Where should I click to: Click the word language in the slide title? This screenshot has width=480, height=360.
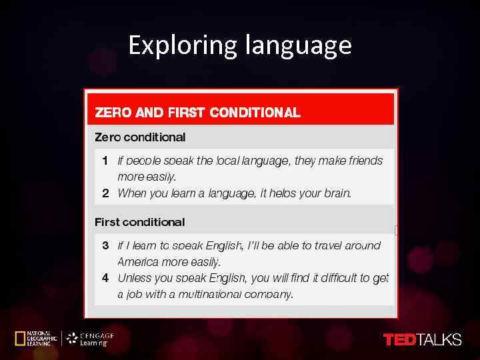tap(298, 45)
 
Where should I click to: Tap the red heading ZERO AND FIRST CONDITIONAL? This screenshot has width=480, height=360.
tap(198, 113)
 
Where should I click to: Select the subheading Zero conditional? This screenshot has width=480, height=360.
tap(140, 137)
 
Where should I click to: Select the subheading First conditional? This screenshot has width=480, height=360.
tap(139, 222)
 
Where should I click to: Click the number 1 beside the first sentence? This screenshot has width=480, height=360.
tap(105, 161)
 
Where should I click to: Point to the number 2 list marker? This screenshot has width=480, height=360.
tap(105, 193)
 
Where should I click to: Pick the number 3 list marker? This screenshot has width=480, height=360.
tap(105, 245)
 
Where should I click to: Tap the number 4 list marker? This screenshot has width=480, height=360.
tap(105, 278)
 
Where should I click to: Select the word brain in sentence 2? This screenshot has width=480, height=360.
tap(336, 193)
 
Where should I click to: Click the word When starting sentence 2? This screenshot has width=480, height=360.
tap(132, 193)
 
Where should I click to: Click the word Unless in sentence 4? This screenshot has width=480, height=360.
tap(134, 278)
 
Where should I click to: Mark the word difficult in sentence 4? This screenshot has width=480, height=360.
tap(341, 278)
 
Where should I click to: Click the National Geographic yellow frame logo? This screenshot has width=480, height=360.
tap(19, 339)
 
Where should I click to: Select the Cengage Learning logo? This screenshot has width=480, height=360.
tap(90, 339)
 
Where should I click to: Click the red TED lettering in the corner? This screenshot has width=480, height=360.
tap(399, 339)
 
